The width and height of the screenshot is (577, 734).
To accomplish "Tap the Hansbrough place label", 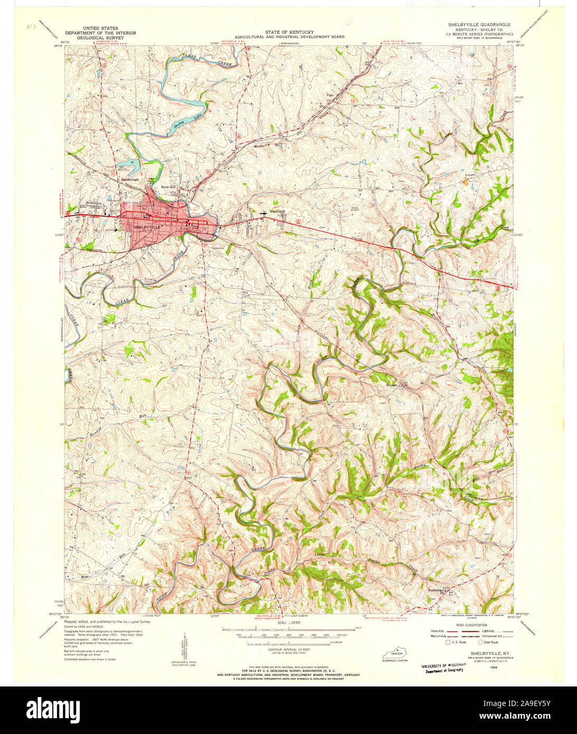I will point(129,180).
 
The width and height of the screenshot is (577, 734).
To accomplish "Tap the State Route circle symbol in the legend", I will point(480,642).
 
